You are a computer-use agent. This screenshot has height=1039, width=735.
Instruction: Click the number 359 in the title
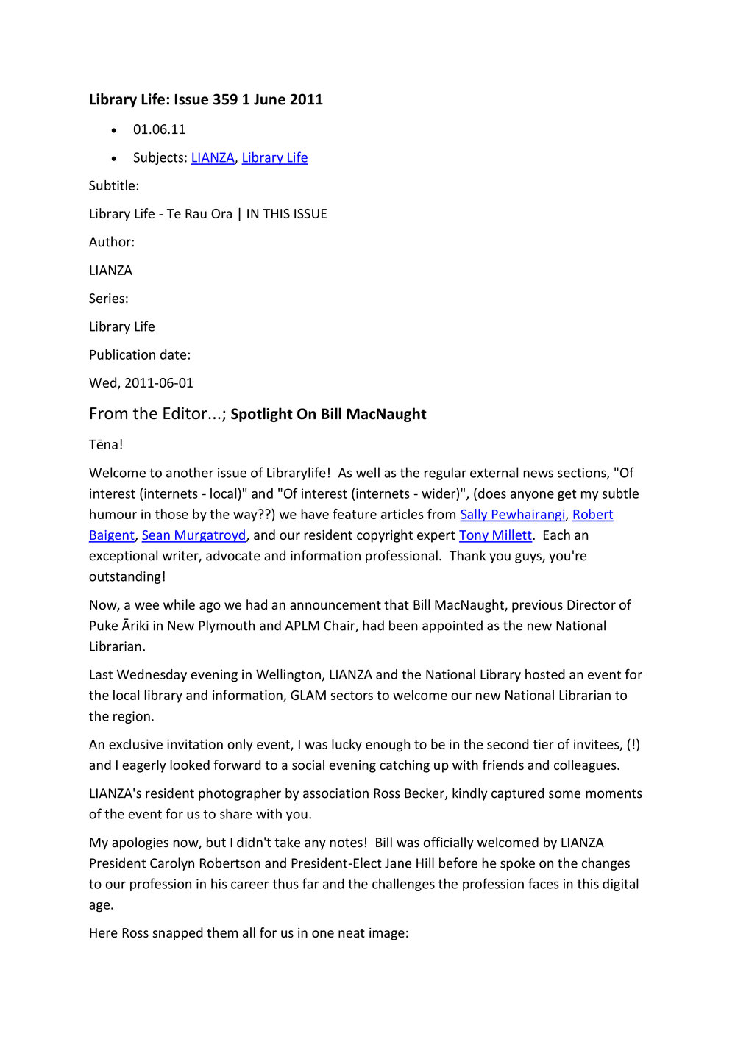224,100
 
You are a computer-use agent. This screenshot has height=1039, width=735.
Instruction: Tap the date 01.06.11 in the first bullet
159,129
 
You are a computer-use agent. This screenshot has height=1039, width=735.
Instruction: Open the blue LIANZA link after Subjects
213,158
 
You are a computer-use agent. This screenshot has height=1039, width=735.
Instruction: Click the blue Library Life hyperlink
274,158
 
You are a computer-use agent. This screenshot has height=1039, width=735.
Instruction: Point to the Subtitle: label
114,186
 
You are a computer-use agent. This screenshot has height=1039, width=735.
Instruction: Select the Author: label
112,242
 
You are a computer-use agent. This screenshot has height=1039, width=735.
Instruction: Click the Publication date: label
140,355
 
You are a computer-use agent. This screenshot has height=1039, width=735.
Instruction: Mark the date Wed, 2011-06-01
141,383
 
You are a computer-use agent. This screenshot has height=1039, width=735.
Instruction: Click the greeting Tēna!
106,445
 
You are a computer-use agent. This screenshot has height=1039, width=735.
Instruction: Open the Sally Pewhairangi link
513,515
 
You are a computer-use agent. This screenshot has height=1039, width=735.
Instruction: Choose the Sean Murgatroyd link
193,535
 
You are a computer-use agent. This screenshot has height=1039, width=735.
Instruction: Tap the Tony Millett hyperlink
495,535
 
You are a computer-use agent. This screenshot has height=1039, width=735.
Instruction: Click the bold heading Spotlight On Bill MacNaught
328,414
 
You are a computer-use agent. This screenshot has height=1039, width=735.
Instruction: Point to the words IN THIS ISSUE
287,214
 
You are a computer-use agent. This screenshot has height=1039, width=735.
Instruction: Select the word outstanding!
127,577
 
